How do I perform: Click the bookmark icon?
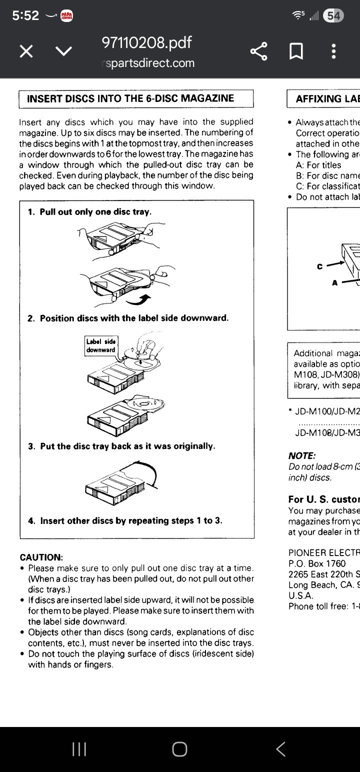(296, 51)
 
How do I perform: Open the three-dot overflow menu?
(333, 51)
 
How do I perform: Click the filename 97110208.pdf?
(146, 43)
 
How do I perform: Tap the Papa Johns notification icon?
(66, 16)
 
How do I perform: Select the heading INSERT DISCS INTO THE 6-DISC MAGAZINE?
(130, 98)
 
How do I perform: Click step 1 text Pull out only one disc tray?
(95, 211)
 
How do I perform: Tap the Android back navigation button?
(281, 748)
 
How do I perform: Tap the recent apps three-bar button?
(79, 748)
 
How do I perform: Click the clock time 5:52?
(25, 16)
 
